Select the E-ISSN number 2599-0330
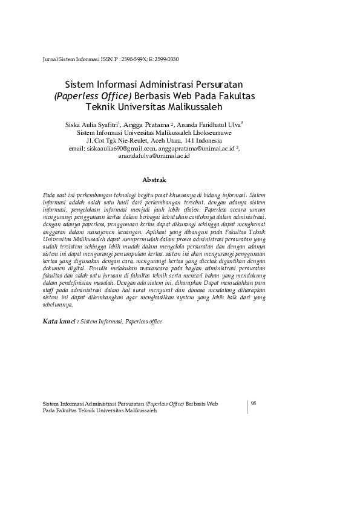(166, 59)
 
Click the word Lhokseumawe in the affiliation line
(213, 132)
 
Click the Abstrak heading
(154, 180)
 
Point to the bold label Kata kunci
(59, 322)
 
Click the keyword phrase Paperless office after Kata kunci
(143, 322)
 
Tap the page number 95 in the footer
(254, 403)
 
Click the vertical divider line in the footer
(247, 406)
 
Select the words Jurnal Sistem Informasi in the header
(62, 59)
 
